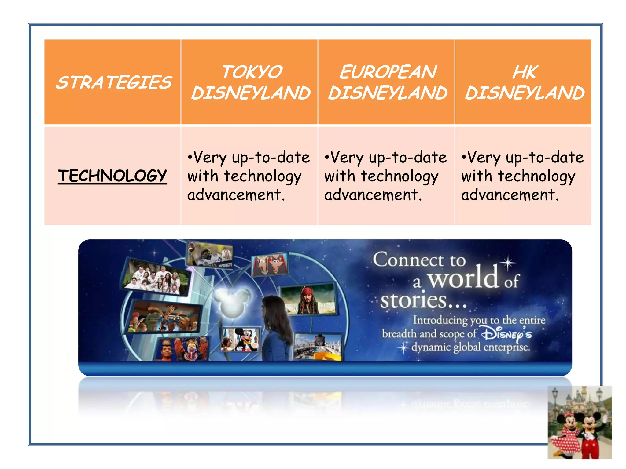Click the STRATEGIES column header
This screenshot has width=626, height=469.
pos(114,82)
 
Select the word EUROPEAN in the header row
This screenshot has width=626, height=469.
pos(388,72)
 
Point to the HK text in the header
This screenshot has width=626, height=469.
pos(525,72)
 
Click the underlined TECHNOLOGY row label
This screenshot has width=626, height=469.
pos(112,176)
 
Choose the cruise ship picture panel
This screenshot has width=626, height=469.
pos(318,347)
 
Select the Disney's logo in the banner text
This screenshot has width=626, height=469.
pos(506,335)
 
